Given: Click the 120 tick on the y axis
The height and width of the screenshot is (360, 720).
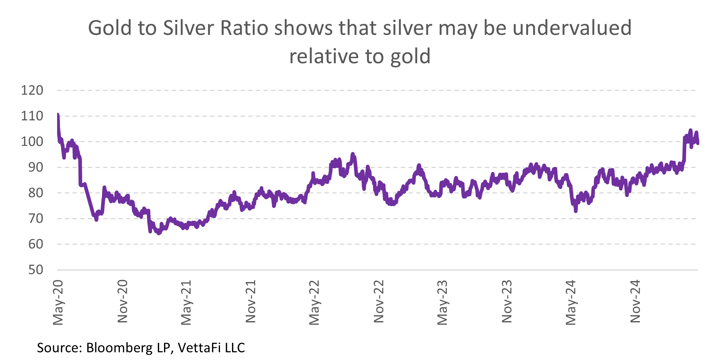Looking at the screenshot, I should tap(32, 90).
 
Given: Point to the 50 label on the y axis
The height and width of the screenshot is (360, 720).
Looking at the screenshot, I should tap(36, 270).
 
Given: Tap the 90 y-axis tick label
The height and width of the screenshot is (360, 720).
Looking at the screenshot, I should tap(36, 167).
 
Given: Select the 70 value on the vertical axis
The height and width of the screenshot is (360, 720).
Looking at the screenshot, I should tap(36, 219).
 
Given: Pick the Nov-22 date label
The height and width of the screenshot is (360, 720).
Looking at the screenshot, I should tap(379, 301).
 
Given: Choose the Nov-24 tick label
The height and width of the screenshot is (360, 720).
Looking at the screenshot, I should tap(635, 301).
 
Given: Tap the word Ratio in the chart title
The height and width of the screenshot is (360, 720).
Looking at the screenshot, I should tap(244, 28).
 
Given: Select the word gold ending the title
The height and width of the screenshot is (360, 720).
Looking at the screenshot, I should tap(410, 57).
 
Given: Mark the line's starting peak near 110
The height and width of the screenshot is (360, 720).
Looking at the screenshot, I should tap(58, 115).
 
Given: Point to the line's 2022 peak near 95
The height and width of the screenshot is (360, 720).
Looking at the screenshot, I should tap(352, 154).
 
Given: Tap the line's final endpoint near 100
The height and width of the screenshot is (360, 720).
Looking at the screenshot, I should tap(697, 143).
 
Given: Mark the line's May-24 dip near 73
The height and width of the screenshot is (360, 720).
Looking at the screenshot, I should tap(576, 211).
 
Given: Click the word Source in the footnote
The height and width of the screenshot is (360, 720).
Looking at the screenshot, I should tap(59, 348).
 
